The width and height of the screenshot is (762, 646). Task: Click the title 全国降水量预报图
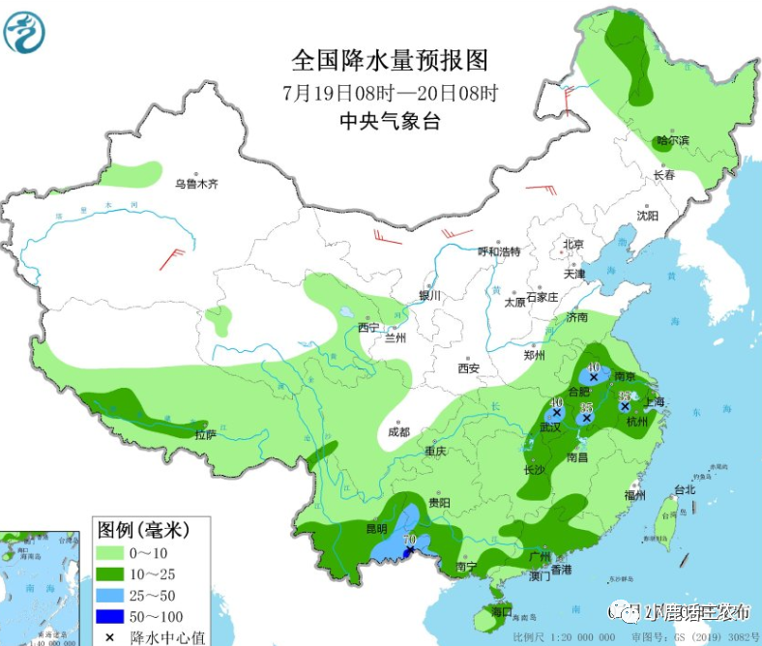[x=390, y=60]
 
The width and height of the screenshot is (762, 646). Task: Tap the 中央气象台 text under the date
[x=390, y=121]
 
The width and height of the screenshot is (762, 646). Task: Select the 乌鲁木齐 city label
[x=196, y=183]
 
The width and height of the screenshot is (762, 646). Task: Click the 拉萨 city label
[x=204, y=435]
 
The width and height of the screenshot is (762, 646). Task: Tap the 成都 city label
[x=399, y=431]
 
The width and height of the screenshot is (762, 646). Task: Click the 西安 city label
[x=469, y=367]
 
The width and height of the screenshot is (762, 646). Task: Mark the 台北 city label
[x=685, y=489]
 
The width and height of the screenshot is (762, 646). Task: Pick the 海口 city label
[x=500, y=612]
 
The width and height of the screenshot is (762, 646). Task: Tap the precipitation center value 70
[x=409, y=539]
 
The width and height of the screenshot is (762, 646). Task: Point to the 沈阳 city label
[x=647, y=216]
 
